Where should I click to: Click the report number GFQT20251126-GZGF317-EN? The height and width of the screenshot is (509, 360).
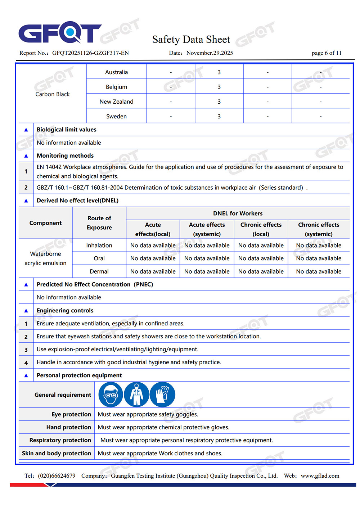pyautogui.click(x=90, y=53)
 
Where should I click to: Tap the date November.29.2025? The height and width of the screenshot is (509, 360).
pyautogui.click(x=210, y=53)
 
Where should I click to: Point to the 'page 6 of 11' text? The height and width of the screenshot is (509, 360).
pyautogui.click(x=326, y=53)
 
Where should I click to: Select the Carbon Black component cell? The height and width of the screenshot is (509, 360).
pyautogui.click(x=53, y=94)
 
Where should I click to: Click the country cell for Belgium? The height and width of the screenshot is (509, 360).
pyautogui.click(x=116, y=87)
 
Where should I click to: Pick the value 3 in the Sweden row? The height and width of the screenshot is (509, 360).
pyautogui.click(x=219, y=116)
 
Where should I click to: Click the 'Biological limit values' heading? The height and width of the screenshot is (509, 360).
pyautogui.click(x=67, y=130)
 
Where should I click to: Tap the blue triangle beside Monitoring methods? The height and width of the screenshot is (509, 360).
pyautogui.click(x=26, y=156)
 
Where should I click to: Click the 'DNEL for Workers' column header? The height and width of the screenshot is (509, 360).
pyautogui.click(x=238, y=213)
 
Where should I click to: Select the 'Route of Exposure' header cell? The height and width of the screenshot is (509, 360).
pyautogui.click(x=99, y=223)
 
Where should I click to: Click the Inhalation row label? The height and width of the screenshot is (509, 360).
pyautogui.click(x=99, y=246)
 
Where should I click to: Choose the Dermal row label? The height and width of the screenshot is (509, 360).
pyautogui.click(x=99, y=271)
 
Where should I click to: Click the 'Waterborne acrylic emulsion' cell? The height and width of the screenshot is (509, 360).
pyautogui.click(x=45, y=258)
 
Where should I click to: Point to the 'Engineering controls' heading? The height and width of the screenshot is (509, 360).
pyautogui.click(x=65, y=310)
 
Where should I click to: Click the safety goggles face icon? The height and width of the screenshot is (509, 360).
pyautogui.click(x=111, y=395)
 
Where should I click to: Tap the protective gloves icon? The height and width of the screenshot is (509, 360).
pyautogui.click(x=162, y=395)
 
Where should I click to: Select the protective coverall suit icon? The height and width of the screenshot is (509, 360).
pyautogui.click(x=136, y=395)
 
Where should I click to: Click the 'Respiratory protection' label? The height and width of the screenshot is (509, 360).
pyautogui.click(x=60, y=440)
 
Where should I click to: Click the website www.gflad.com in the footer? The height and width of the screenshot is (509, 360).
pyautogui.click(x=320, y=476)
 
